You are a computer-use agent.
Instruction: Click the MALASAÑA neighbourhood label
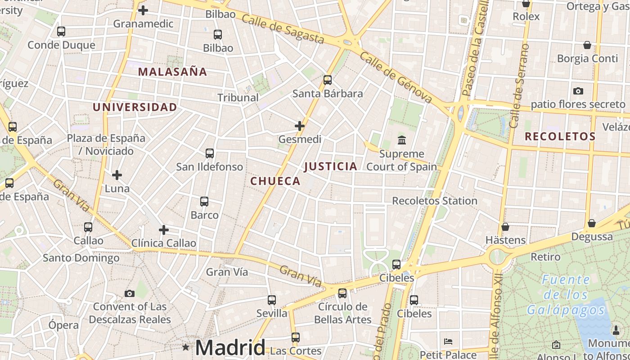[172, 72]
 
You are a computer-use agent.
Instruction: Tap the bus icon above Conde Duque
[61, 31]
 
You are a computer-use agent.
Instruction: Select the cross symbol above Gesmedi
[300, 126]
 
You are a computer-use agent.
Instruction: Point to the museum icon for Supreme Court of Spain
[402, 140]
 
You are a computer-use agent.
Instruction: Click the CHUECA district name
[275, 181]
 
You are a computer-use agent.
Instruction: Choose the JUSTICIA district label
[331, 166]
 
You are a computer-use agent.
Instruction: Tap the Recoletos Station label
[435, 201]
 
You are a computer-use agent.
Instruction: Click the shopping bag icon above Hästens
[505, 227]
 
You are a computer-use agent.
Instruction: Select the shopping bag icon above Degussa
[592, 223]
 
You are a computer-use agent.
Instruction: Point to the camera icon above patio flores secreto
[578, 91]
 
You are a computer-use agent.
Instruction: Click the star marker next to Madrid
[185, 347]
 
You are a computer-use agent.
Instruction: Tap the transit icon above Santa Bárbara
[328, 80]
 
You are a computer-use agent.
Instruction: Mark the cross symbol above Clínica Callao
[164, 230]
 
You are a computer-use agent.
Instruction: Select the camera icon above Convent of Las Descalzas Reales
[130, 293]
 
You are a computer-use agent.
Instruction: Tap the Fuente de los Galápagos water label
[566, 295]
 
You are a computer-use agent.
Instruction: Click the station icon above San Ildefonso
[210, 153]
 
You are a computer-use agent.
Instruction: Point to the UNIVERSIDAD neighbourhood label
[135, 107]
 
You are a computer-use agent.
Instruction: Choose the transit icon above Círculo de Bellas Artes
[342, 293]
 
